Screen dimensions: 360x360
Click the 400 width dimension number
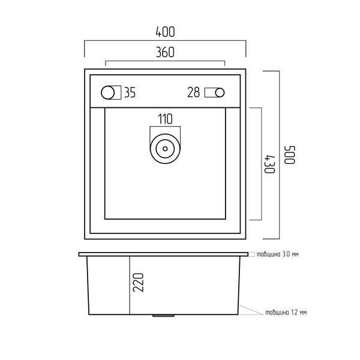tap(166, 32)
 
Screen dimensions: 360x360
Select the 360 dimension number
tap(166, 52)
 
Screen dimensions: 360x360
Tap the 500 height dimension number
tap(290, 155)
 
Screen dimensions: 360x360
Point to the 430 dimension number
tap(269, 164)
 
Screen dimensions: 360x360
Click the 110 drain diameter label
tap(165, 119)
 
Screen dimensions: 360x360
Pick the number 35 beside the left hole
tap(130, 92)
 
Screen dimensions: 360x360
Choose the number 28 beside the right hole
tap(194, 92)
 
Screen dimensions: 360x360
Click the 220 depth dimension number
tap(139, 283)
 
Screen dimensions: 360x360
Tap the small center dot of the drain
tap(165, 149)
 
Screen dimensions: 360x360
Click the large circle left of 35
tap(107, 92)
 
